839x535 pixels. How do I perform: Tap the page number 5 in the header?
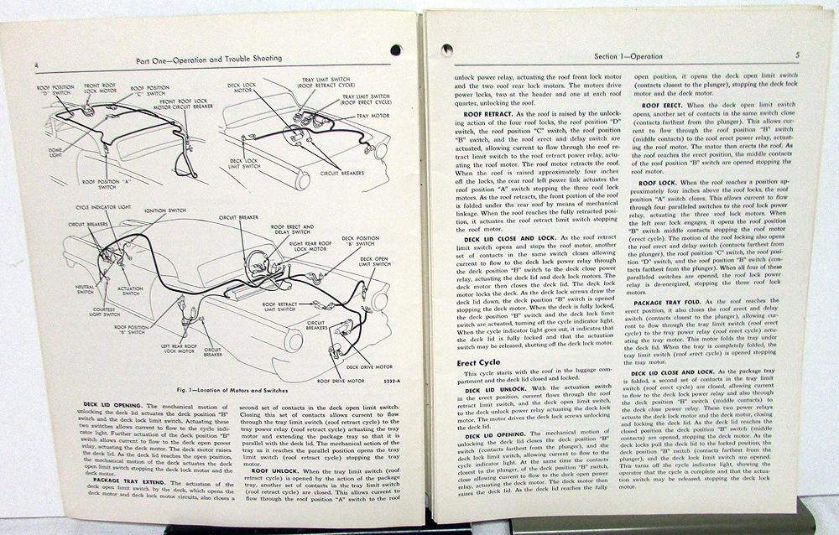[796, 55]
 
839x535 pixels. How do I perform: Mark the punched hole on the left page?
[395, 49]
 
